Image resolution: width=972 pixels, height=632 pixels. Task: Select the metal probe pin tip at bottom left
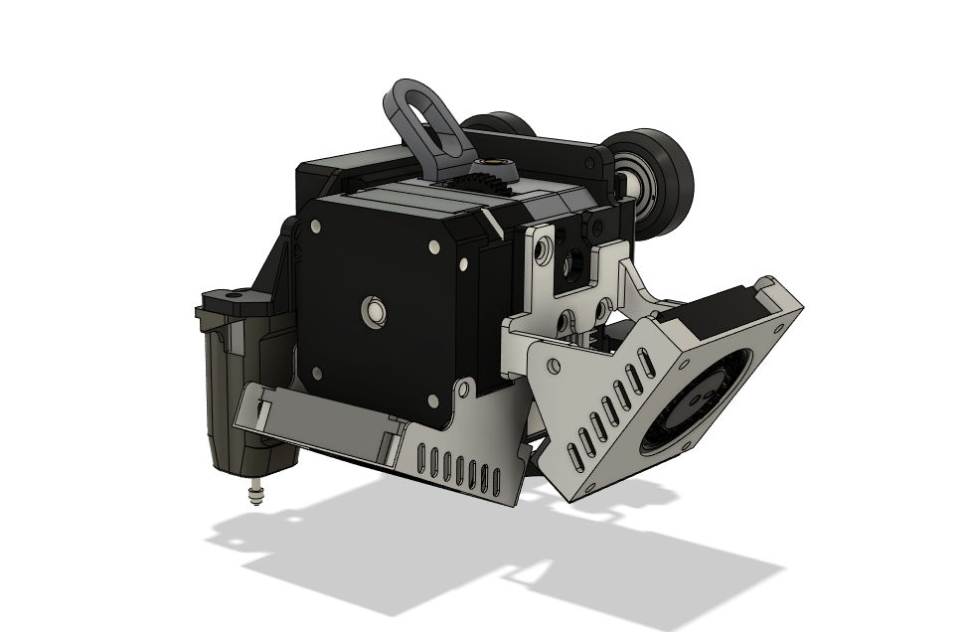[258, 493]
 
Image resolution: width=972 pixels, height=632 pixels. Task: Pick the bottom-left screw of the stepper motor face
[317, 374]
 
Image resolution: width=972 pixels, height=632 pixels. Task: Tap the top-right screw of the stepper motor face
[435, 245]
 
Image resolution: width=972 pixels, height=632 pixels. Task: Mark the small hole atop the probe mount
[236, 294]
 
